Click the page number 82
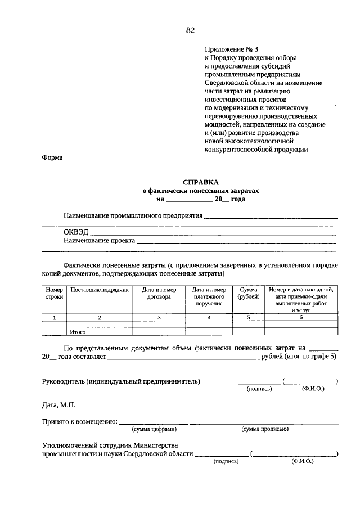[x=190, y=30]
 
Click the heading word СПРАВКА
[x=200, y=182]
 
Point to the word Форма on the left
[x=52, y=158]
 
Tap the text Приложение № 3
[x=228, y=49]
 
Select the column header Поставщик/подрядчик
[x=99, y=290]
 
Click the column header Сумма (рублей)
[x=248, y=293]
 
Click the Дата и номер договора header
[x=159, y=293]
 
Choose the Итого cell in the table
[x=78, y=332]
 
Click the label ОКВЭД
[x=75, y=231]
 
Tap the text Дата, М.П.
[x=58, y=405]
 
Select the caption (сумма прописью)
[x=265, y=429]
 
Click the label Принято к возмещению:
[x=79, y=421]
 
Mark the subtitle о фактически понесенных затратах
[x=200, y=191]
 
